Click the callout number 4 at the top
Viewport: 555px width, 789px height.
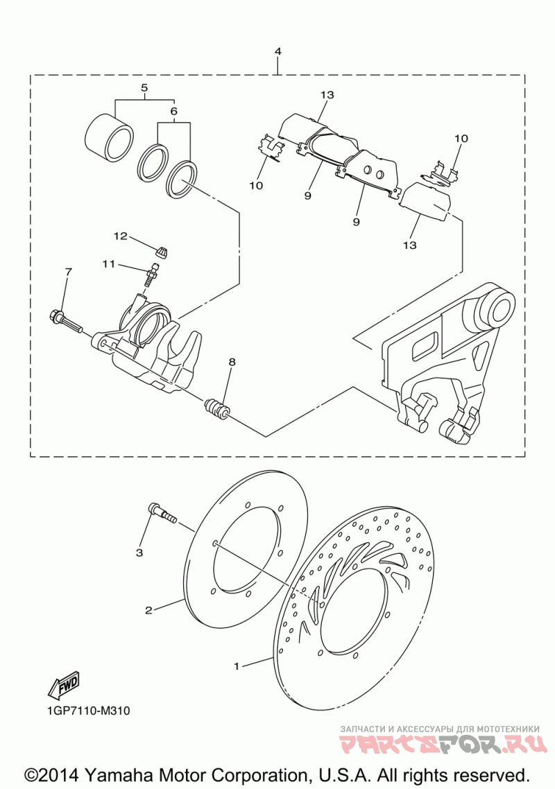(x=278, y=52)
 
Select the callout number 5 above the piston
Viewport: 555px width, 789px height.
(x=145, y=88)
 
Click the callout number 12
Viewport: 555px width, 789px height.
(x=121, y=236)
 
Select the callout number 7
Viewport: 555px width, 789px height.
(x=68, y=271)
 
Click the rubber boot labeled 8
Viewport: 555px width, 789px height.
(x=218, y=408)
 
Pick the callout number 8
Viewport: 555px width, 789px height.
(x=232, y=362)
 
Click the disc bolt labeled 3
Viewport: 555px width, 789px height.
(x=161, y=514)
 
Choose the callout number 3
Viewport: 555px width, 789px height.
(x=139, y=553)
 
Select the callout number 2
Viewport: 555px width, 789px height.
(x=148, y=611)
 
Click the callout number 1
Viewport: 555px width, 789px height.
(x=237, y=666)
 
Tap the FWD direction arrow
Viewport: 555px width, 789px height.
(x=64, y=684)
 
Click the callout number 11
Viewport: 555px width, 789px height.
(x=108, y=264)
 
